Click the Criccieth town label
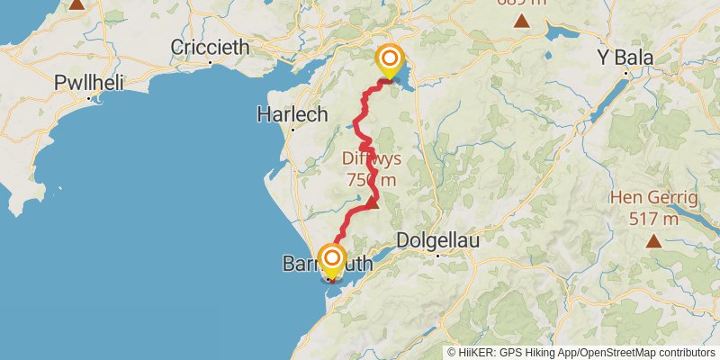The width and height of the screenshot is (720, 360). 210,47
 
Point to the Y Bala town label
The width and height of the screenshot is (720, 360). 627,58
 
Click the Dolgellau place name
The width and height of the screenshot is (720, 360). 438,240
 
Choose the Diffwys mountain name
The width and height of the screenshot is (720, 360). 371,158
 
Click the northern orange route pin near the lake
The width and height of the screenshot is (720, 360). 391,60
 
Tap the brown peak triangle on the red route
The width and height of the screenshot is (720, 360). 372,203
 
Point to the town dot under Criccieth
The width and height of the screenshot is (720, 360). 210,62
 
